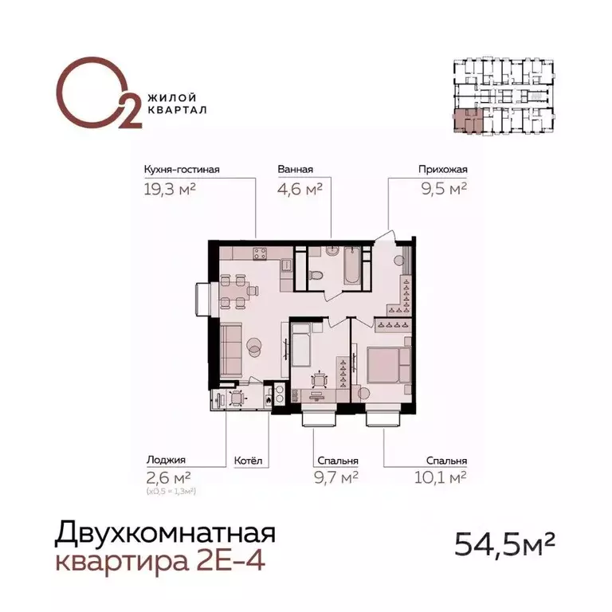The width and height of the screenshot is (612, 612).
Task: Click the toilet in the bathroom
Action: coord(317,275)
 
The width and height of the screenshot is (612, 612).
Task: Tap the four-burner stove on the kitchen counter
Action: coord(259,254)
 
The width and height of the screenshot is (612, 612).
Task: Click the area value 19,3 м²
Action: coord(170,189)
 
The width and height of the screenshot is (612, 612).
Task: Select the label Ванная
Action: coord(295,170)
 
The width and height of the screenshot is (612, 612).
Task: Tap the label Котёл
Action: coord(247,461)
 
